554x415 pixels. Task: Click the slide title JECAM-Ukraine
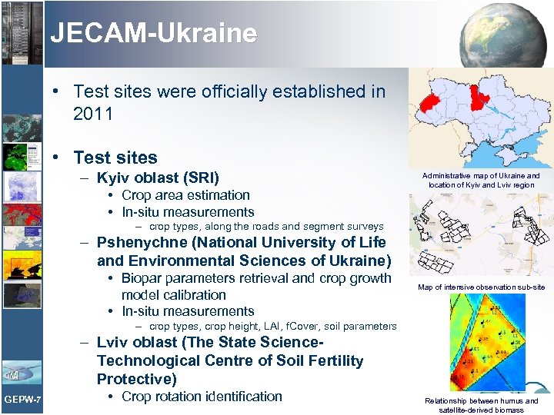(153, 34)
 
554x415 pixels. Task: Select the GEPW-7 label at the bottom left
(22, 399)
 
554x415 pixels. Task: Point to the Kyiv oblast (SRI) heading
(158, 178)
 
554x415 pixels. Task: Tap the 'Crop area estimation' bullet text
(185, 195)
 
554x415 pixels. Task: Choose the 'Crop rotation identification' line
(202, 397)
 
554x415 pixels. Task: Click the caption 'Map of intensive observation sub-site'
(481, 287)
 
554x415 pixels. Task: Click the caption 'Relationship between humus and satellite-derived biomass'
(482, 405)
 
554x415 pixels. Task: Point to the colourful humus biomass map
(482, 343)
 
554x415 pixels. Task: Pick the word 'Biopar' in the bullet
(142, 278)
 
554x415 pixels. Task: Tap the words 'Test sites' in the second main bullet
(115, 158)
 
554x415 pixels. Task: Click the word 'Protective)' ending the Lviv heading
(136, 379)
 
